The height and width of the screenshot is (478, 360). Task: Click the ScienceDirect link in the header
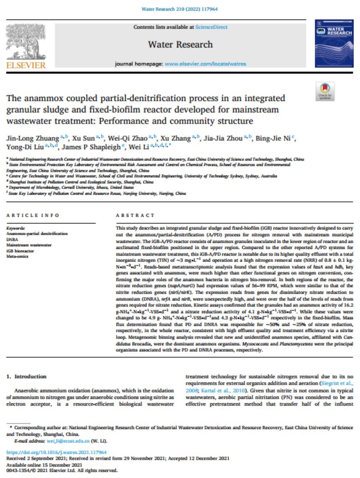pos(211,27)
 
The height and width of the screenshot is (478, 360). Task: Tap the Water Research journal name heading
pos(180,44)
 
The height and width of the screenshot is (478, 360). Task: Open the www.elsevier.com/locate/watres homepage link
pos(205,64)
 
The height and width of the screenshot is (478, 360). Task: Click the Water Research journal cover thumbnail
pos(334,44)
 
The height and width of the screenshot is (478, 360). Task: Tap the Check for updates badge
pos(325,91)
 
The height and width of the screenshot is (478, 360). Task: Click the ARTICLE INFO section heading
pos(33,216)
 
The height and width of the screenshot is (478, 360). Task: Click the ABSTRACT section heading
pos(136,216)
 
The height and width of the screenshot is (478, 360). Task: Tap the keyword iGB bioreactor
pos(20,250)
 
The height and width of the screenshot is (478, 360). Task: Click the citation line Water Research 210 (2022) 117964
pos(180,9)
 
